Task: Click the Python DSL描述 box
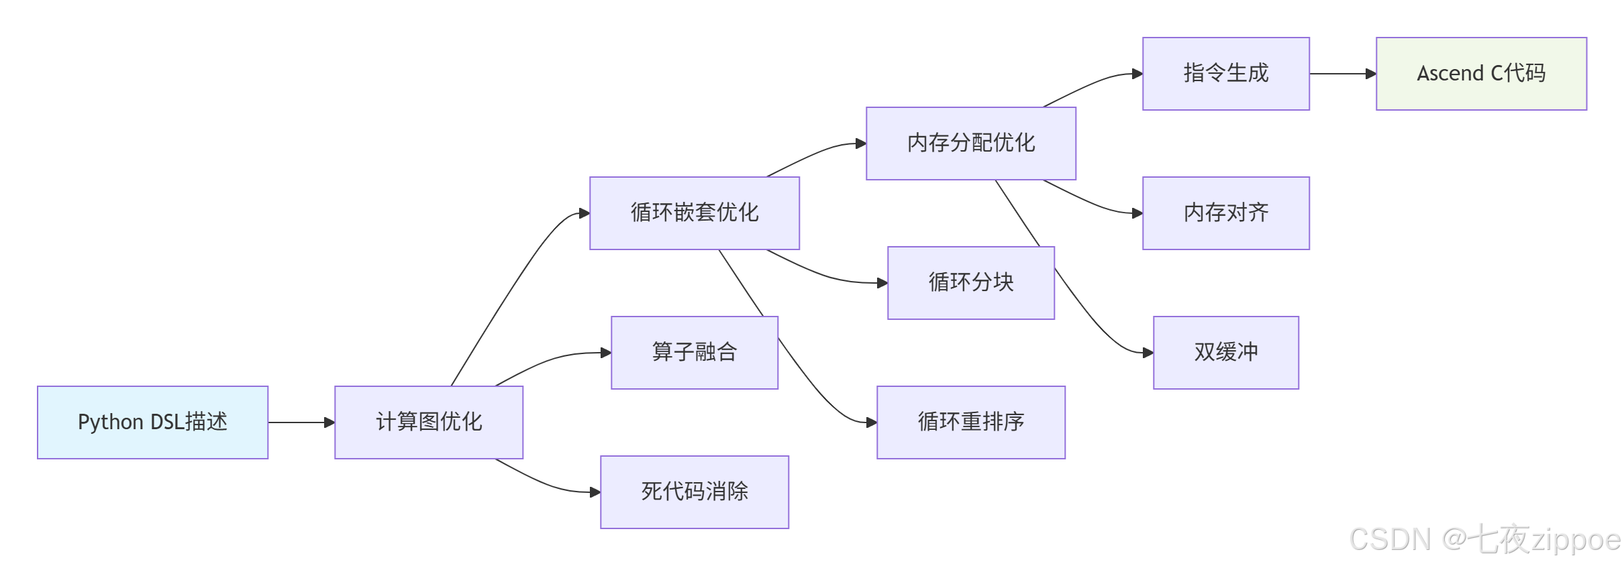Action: point(152,422)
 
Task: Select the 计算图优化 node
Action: point(428,422)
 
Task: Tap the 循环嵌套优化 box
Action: point(694,213)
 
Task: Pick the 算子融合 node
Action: point(694,352)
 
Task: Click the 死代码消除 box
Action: point(694,492)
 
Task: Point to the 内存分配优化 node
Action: point(970,143)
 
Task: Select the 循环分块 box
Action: point(970,282)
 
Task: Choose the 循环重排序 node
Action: point(970,422)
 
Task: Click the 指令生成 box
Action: point(1225,73)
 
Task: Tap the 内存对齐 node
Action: point(1225,213)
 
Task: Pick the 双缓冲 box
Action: point(1225,352)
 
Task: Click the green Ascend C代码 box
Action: point(1481,73)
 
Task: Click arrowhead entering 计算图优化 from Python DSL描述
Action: point(329,422)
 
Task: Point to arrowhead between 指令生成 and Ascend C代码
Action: point(1371,74)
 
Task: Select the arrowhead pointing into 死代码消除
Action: point(595,492)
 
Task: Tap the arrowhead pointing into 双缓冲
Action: point(1148,353)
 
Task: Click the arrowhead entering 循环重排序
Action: point(872,422)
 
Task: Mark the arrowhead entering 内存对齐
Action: point(1137,213)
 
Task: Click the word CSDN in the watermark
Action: point(1390,540)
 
